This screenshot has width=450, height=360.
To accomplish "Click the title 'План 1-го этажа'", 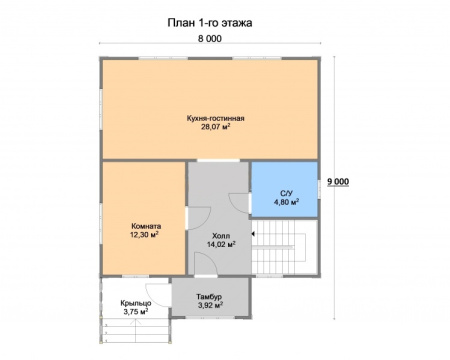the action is [x=210, y=23].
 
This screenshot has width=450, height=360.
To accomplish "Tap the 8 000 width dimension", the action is [x=210, y=39].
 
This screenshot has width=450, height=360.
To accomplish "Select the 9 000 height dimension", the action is [x=338, y=182].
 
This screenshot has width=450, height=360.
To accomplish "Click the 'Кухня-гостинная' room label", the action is [x=216, y=118].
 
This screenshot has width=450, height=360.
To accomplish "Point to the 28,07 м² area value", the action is [x=216, y=127].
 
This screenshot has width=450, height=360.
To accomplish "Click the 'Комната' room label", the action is [x=146, y=226].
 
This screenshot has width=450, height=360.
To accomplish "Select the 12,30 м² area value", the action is [x=144, y=235].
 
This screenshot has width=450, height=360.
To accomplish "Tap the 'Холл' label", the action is [x=221, y=236].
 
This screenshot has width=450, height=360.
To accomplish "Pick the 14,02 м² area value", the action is [x=222, y=244].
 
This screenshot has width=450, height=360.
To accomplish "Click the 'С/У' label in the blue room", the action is [x=286, y=194].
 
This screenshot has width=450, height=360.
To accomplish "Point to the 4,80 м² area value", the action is [x=286, y=202].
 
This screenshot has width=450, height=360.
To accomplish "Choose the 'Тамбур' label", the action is [x=209, y=296].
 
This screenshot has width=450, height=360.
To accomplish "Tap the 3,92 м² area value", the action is [x=210, y=305].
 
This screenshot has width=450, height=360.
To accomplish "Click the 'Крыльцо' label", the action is [x=136, y=303].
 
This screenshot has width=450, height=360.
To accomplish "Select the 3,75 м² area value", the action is [x=136, y=312].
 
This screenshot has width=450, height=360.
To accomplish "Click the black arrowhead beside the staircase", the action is [x=253, y=234].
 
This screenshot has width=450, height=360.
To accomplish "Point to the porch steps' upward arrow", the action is [x=135, y=330].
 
